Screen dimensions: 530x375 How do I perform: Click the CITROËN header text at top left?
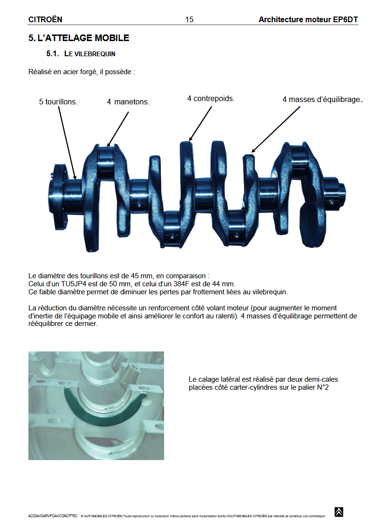45,19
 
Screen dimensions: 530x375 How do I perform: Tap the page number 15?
189,19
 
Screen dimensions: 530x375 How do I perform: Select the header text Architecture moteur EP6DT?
308,19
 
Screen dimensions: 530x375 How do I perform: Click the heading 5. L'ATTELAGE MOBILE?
78,38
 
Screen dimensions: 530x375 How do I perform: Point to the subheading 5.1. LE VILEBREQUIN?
81,54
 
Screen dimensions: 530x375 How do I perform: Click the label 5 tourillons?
58,102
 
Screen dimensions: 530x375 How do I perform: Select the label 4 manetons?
128,102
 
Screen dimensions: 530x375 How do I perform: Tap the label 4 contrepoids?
211,98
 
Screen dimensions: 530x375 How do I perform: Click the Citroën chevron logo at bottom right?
339,512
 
